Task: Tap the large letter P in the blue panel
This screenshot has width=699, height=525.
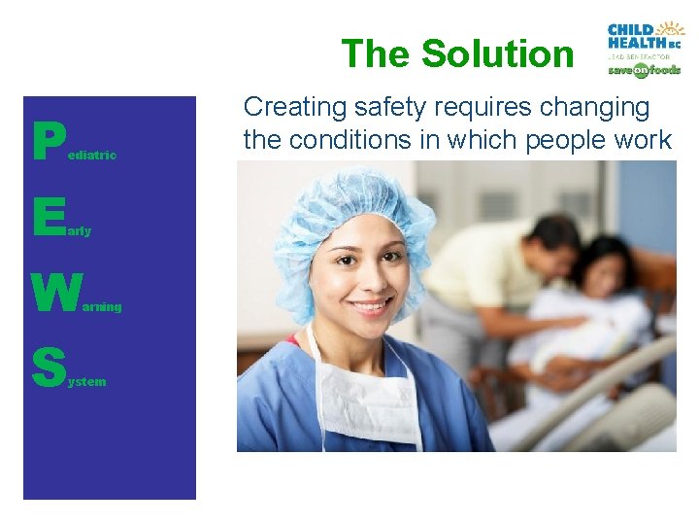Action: coord(46,142)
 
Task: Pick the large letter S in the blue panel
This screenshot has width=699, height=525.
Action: coord(48,367)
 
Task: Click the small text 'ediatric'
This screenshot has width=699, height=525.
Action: coord(91,156)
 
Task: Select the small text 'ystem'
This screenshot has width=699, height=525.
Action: coord(86,382)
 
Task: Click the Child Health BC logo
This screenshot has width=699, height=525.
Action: coord(644,35)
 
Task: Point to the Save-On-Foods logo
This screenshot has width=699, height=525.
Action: coord(644,70)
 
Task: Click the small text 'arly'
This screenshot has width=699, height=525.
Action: coord(80,231)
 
